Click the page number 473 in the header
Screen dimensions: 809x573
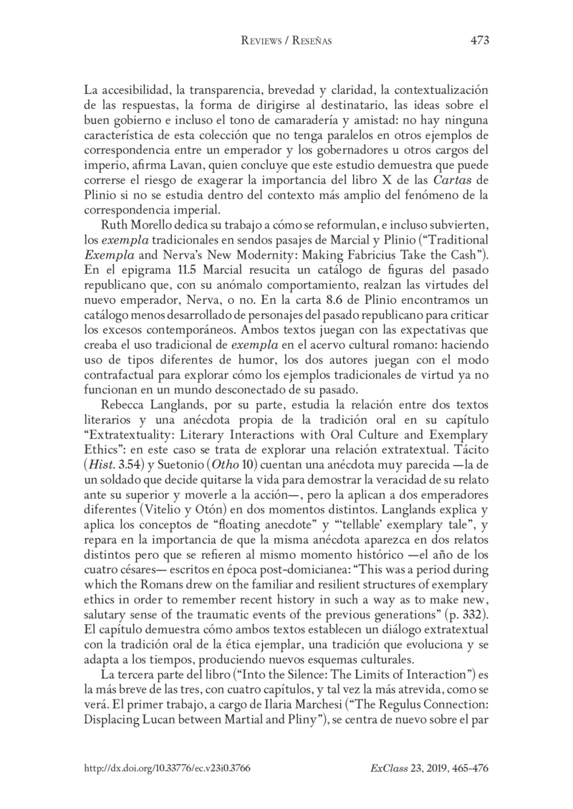479,40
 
